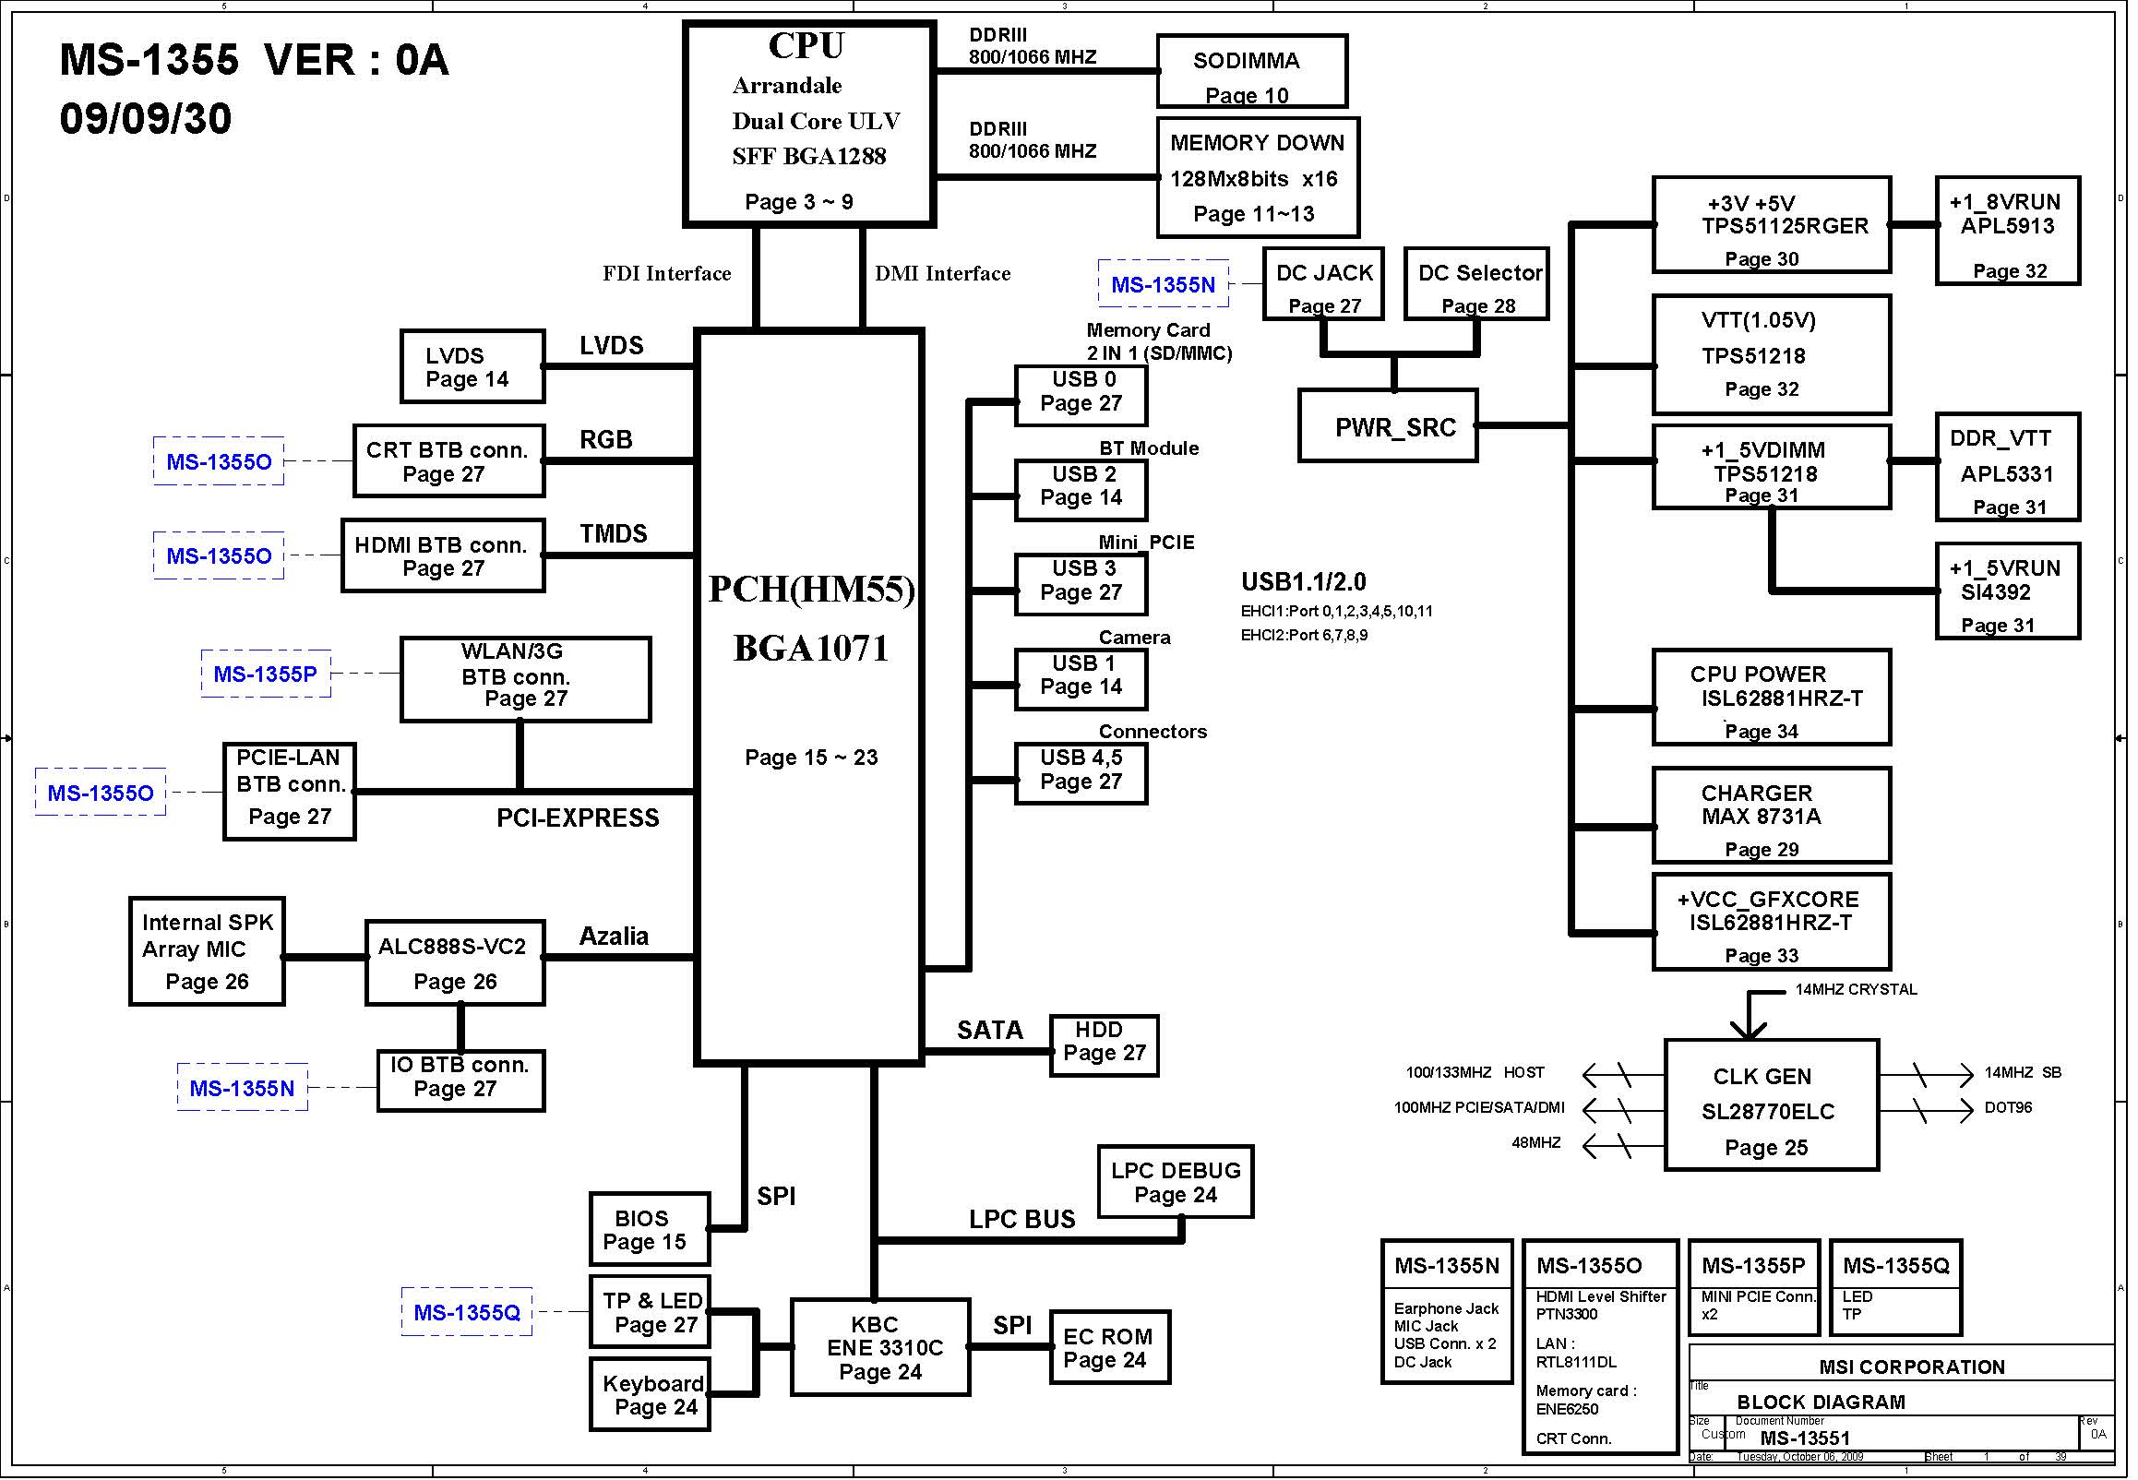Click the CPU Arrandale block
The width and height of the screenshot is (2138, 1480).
[808, 125]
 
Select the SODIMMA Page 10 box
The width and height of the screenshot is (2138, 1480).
[1251, 71]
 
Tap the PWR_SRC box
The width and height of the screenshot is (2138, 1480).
[1388, 425]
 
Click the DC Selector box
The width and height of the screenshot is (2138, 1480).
[1476, 284]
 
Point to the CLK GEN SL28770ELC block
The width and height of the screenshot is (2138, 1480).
[1771, 1104]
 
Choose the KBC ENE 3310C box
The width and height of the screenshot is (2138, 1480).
[880, 1346]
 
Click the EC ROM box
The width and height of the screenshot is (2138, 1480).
[1110, 1347]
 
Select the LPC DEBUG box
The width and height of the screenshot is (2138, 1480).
[1176, 1181]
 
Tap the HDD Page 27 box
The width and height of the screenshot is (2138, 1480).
[1105, 1045]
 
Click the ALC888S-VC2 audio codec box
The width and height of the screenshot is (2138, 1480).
[454, 962]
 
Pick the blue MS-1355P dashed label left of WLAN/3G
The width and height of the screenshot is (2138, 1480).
[266, 674]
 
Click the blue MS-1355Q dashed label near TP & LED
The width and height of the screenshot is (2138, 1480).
[467, 1312]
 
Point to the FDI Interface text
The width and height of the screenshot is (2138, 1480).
[666, 273]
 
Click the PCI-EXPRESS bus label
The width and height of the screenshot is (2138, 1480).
[578, 818]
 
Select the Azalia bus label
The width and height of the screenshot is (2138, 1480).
[614, 937]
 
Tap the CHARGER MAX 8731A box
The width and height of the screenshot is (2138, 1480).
[1771, 815]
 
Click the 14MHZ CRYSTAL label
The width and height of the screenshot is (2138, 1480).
[1857, 989]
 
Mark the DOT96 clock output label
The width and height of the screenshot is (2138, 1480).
[2008, 1107]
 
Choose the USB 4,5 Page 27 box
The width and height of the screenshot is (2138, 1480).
[1081, 772]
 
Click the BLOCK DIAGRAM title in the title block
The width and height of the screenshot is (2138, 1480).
[1821, 1402]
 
